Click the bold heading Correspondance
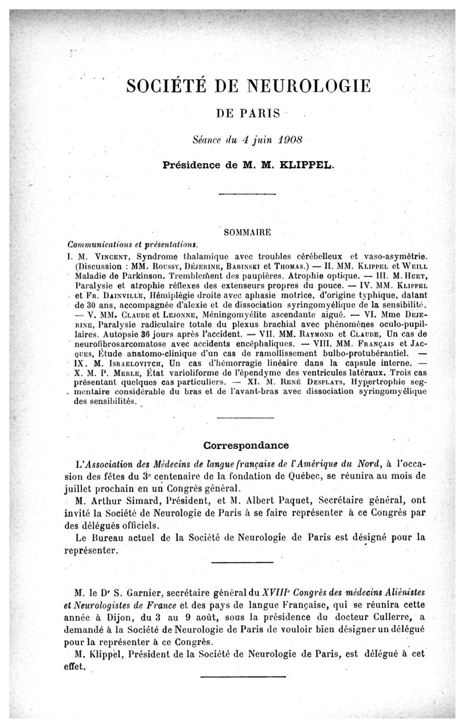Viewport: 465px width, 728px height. tap(246, 445)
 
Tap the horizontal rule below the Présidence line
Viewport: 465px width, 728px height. tap(246, 195)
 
